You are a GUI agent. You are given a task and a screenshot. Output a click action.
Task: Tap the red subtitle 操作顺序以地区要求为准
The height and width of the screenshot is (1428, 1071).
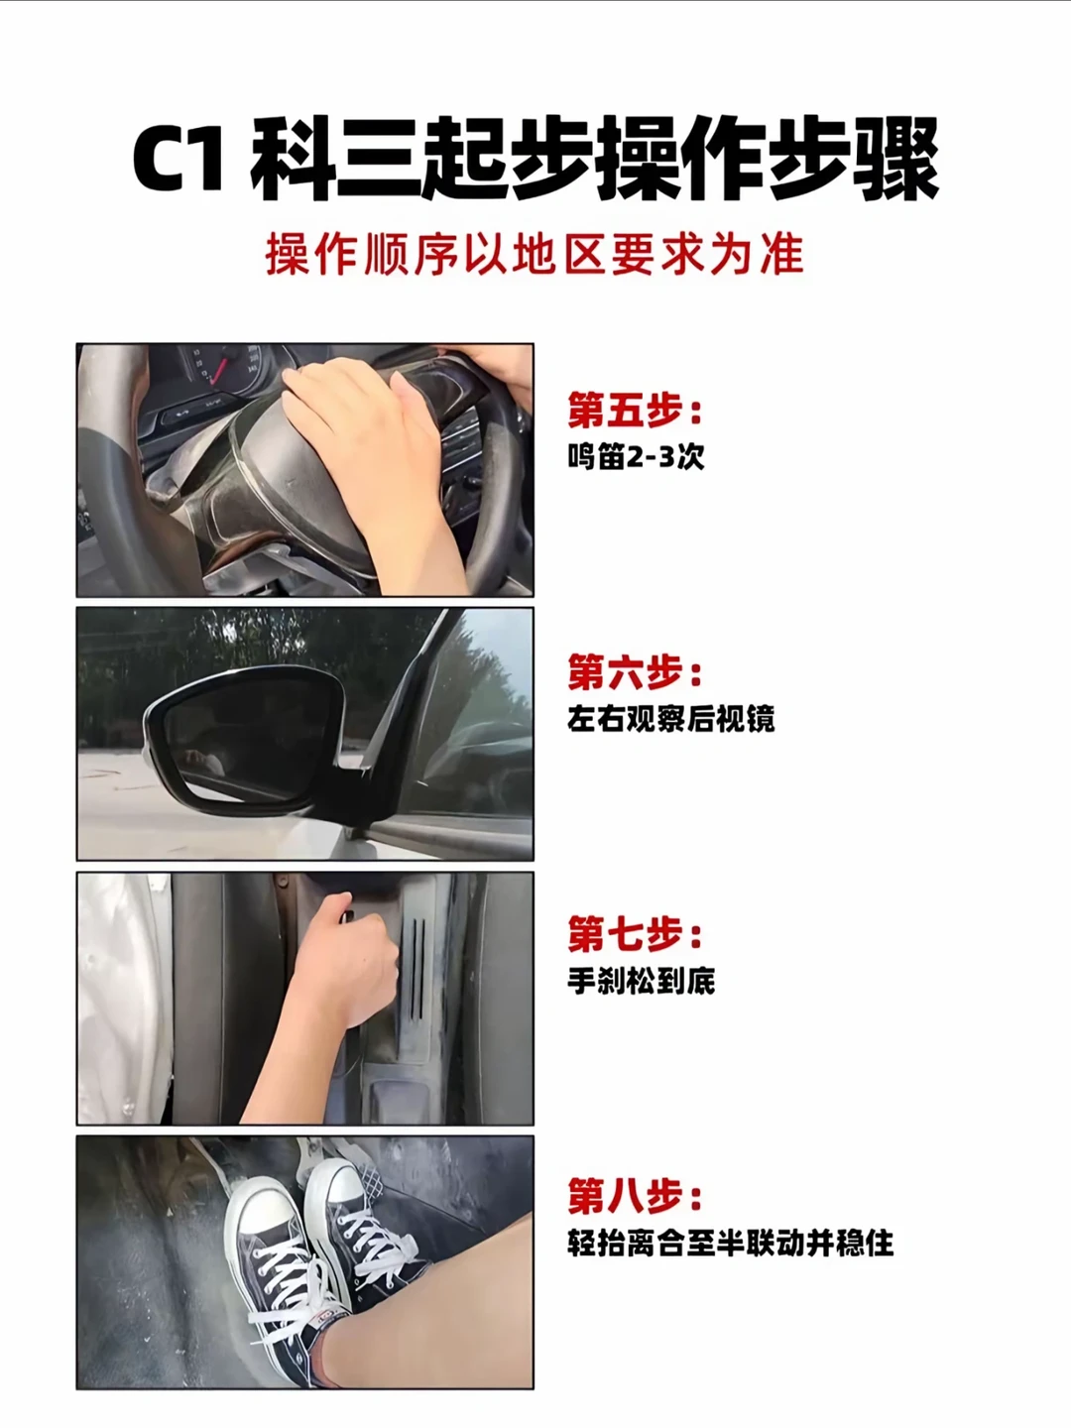(535, 254)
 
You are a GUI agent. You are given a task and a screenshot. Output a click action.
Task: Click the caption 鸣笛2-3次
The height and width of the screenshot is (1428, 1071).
(636, 457)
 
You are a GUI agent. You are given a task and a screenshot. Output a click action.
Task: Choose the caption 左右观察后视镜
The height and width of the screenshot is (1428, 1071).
(670, 720)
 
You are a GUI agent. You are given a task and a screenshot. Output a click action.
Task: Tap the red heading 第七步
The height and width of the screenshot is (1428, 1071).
(635, 933)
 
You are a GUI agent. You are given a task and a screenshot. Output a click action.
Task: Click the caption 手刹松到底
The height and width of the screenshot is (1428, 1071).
(642, 981)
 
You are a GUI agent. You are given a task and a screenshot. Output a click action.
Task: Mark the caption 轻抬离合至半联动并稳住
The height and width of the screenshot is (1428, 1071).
(730, 1243)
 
